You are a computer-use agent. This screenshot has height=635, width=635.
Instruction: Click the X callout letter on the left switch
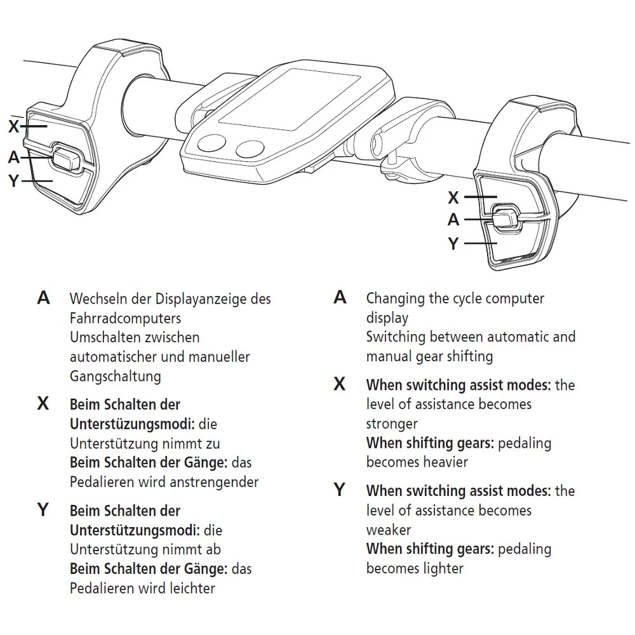click(x=14, y=126)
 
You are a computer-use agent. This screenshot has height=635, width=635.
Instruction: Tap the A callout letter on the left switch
click(x=14, y=156)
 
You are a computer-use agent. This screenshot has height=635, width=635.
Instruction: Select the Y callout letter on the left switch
click(x=14, y=181)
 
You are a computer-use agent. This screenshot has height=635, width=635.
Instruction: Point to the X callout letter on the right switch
click(x=453, y=197)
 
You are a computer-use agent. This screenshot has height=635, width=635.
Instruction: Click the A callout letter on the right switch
click(x=453, y=220)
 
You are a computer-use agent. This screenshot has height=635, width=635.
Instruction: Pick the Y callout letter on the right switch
click(x=453, y=243)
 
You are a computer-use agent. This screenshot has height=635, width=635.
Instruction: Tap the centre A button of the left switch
click(x=65, y=158)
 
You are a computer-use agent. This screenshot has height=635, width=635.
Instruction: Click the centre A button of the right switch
click(x=505, y=218)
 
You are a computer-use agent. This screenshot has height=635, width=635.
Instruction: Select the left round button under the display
click(x=211, y=144)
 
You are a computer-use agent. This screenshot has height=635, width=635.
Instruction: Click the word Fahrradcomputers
click(x=125, y=317)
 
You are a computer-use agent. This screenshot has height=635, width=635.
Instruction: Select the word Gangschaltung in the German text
click(x=115, y=376)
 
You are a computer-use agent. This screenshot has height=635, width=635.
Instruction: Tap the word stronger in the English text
click(x=392, y=423)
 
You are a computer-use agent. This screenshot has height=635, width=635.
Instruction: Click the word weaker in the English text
click(x=389, y=530)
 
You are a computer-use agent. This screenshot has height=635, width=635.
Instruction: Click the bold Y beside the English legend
click(x=340, y=490)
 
